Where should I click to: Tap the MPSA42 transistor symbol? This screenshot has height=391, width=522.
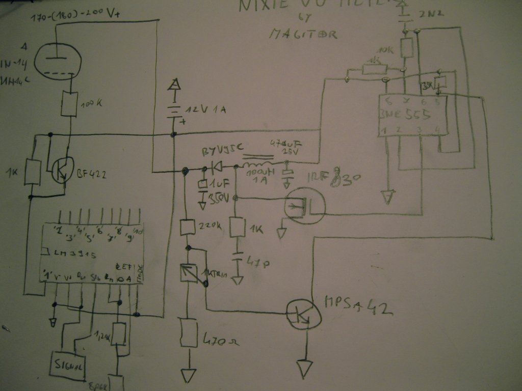[x=304, y=315]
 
